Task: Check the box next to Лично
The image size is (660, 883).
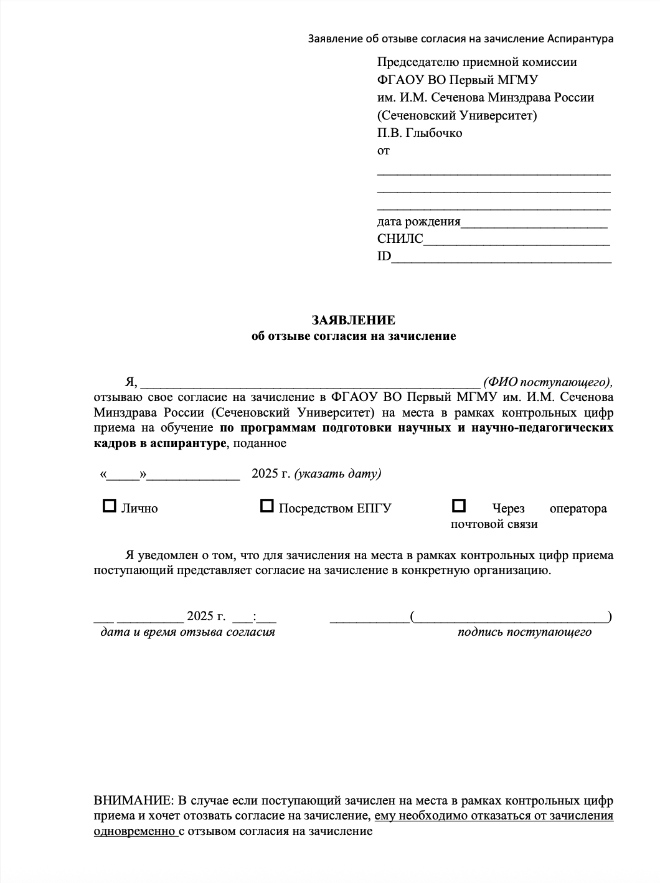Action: (x=109, y=506)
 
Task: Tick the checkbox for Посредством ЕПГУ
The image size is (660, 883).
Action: (x=266, y=506)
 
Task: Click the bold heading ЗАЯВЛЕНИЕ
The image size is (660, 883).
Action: (x=353, y=320)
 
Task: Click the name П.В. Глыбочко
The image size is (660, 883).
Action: (x=419, y=133)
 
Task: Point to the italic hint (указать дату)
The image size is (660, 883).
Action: (x=337, y=473)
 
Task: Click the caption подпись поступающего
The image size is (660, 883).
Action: (x=524, y=632)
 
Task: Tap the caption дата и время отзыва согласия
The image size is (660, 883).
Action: (x=187, y=632)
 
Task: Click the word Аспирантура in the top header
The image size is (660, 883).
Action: (x=580, y=39)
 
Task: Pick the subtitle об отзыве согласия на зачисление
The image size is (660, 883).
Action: (x=353, y=336)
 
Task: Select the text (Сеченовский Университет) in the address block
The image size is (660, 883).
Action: (x=457, y=115)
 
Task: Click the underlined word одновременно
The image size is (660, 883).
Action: (x=134, y=831)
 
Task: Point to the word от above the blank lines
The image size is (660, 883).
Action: (x=383, y=151)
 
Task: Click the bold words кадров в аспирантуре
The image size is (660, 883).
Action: (x=159, y=443)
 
